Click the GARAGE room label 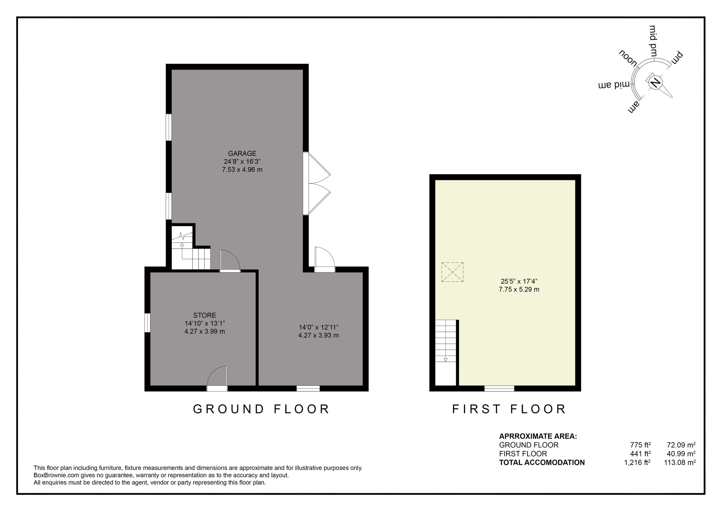[x=242, y=153]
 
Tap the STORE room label [x=205, y=315]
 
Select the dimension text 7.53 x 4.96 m [x=242, y=169]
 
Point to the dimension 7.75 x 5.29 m [x=519, y=289]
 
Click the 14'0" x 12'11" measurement [x=318, y=327]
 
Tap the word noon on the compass [x=629, y=58]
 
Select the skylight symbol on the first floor [x=452, y=272]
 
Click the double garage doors [x=317, y=184]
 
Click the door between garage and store [x=230, y=260]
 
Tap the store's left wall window [x=147, y=322]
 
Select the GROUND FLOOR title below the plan [x=261, y=409]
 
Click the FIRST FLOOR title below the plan [x=509, y=409]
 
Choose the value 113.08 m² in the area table [x=680, y=462]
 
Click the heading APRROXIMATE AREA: [x=538, y=436]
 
